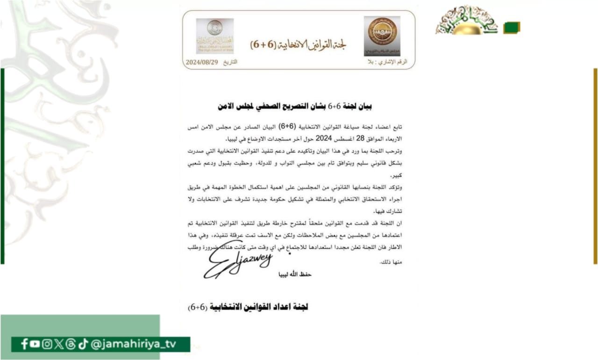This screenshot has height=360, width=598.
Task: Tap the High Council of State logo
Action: point(214,36)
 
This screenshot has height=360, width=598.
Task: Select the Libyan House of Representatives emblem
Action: point(382,36)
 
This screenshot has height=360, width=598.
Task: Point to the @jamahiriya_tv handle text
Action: point(133,344)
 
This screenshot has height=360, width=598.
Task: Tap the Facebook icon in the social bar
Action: point(24,344)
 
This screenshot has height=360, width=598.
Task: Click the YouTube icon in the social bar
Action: point(35,344)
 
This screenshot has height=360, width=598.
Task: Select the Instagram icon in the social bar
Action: point(47,344)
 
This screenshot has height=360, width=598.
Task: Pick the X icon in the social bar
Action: point(58,344)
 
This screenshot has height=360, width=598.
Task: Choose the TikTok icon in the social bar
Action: point(83,344)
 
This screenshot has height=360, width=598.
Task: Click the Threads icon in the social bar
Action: point(71,344)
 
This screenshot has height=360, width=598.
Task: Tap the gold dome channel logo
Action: point(467,22)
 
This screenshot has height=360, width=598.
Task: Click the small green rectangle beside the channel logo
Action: point(511,28)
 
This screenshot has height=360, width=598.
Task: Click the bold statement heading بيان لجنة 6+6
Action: point(295,107)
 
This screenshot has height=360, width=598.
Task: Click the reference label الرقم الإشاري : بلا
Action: point(388,62)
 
